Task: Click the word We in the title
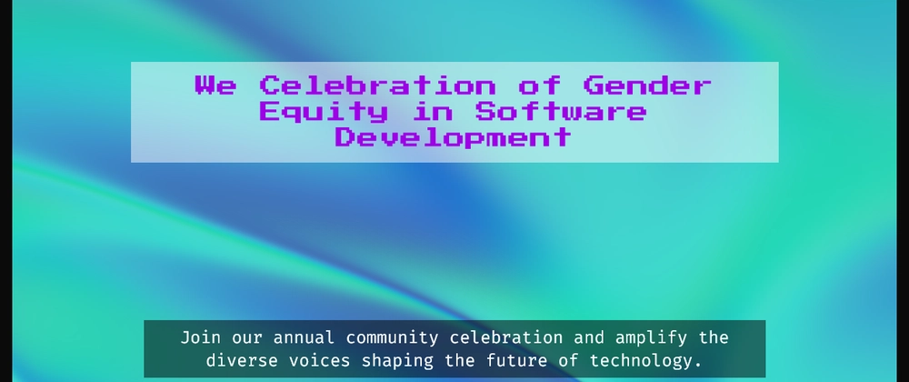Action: [215, 85]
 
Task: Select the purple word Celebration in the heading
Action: [377, 85]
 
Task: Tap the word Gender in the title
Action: [647, 85]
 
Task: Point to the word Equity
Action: [323, 111]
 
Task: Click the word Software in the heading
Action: [561, 111]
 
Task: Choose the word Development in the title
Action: [453, 138]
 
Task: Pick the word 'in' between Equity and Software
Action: [431, 111]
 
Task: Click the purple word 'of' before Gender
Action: [539, 85]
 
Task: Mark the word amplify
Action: [651, 338]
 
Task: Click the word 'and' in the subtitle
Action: [589, 337]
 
